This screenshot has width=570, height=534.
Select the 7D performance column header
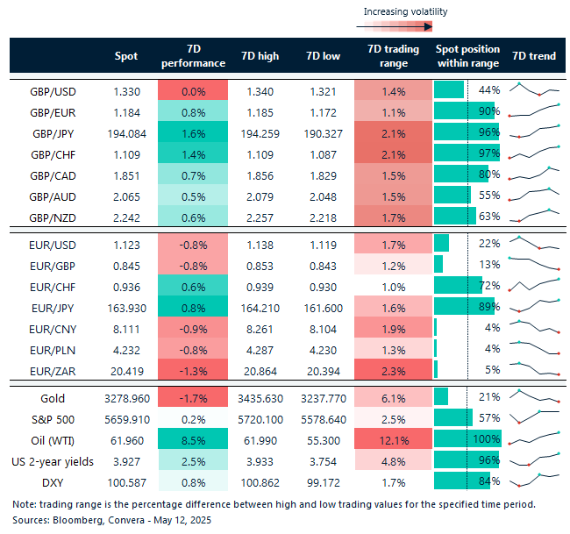(192, 56)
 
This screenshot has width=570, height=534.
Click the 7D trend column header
(534, 56)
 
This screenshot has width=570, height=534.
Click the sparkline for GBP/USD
(534, 90)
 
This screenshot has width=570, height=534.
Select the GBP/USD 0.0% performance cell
(192, 90)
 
